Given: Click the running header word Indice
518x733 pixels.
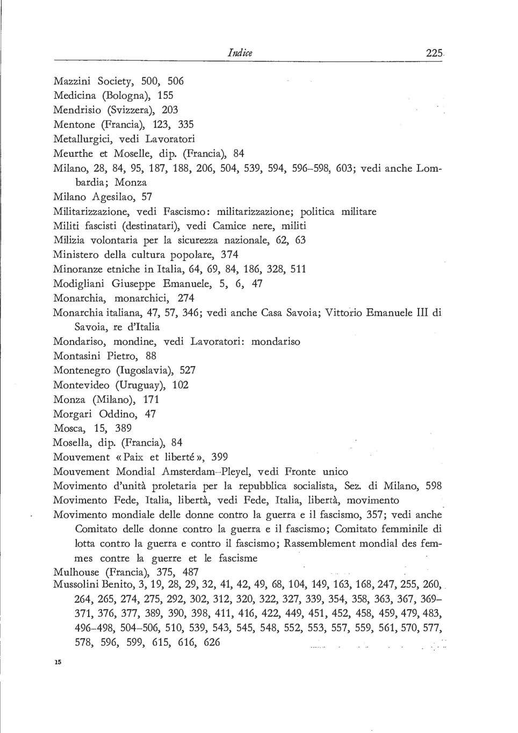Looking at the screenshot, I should click(240, 53).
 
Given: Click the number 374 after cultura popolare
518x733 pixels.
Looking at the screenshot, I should click(229, 254).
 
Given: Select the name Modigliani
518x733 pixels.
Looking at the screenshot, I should click(80, 283).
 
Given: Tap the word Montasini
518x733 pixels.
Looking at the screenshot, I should click(78, 355).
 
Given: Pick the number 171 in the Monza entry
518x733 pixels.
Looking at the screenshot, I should click(152, 400).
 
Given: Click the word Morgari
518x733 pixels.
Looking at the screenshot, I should click(72, 414).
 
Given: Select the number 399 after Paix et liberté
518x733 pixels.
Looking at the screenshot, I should click(224, 457).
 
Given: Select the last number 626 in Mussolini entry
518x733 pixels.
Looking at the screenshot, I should click(212, 642).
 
